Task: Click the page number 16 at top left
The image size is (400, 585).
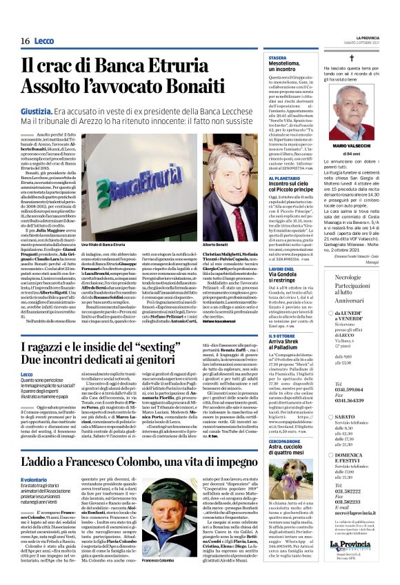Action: pos(24,41)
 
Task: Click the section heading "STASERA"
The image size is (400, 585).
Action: pos(278,57)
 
